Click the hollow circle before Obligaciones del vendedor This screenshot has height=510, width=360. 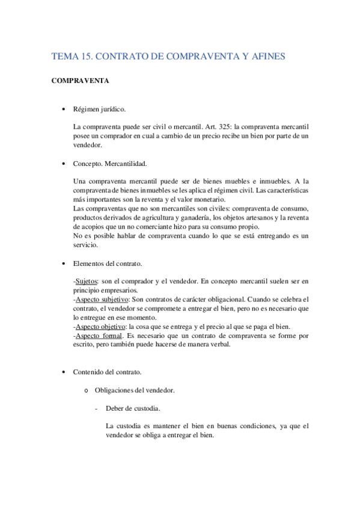88,390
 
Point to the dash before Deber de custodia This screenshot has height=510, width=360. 96,408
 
